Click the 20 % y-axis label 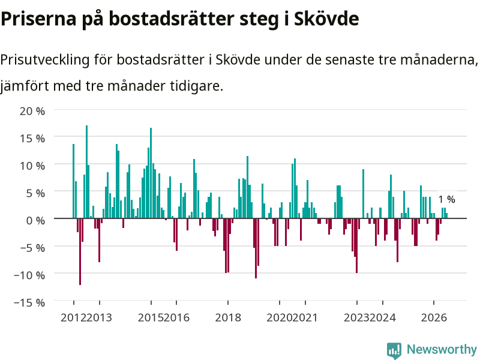[x=32, y=111]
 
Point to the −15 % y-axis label [x=29, y=302]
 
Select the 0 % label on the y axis [x=35, y=220]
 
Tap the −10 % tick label [x=29, y=275]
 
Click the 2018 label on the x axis [x=228, y=317]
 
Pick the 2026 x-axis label [x=434, y=317]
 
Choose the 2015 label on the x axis [x=151, y=317]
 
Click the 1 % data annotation [x=446, y=199]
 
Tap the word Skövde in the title [x=326, y=19]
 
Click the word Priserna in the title [x=38, y=19]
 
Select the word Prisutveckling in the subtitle [x=45, y=59]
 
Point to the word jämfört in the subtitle [x=25, y=86]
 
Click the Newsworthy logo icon [x=394, y=350]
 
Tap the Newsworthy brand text [x=442, y=349]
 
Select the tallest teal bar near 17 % [x=86, y=172]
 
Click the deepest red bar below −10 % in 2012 [x=80, y=251]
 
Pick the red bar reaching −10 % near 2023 [x=356, y=245]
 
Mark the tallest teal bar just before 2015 [x=151, y=173]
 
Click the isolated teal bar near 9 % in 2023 [x=364, y=194]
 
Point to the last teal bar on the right [x=446, y=215]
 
